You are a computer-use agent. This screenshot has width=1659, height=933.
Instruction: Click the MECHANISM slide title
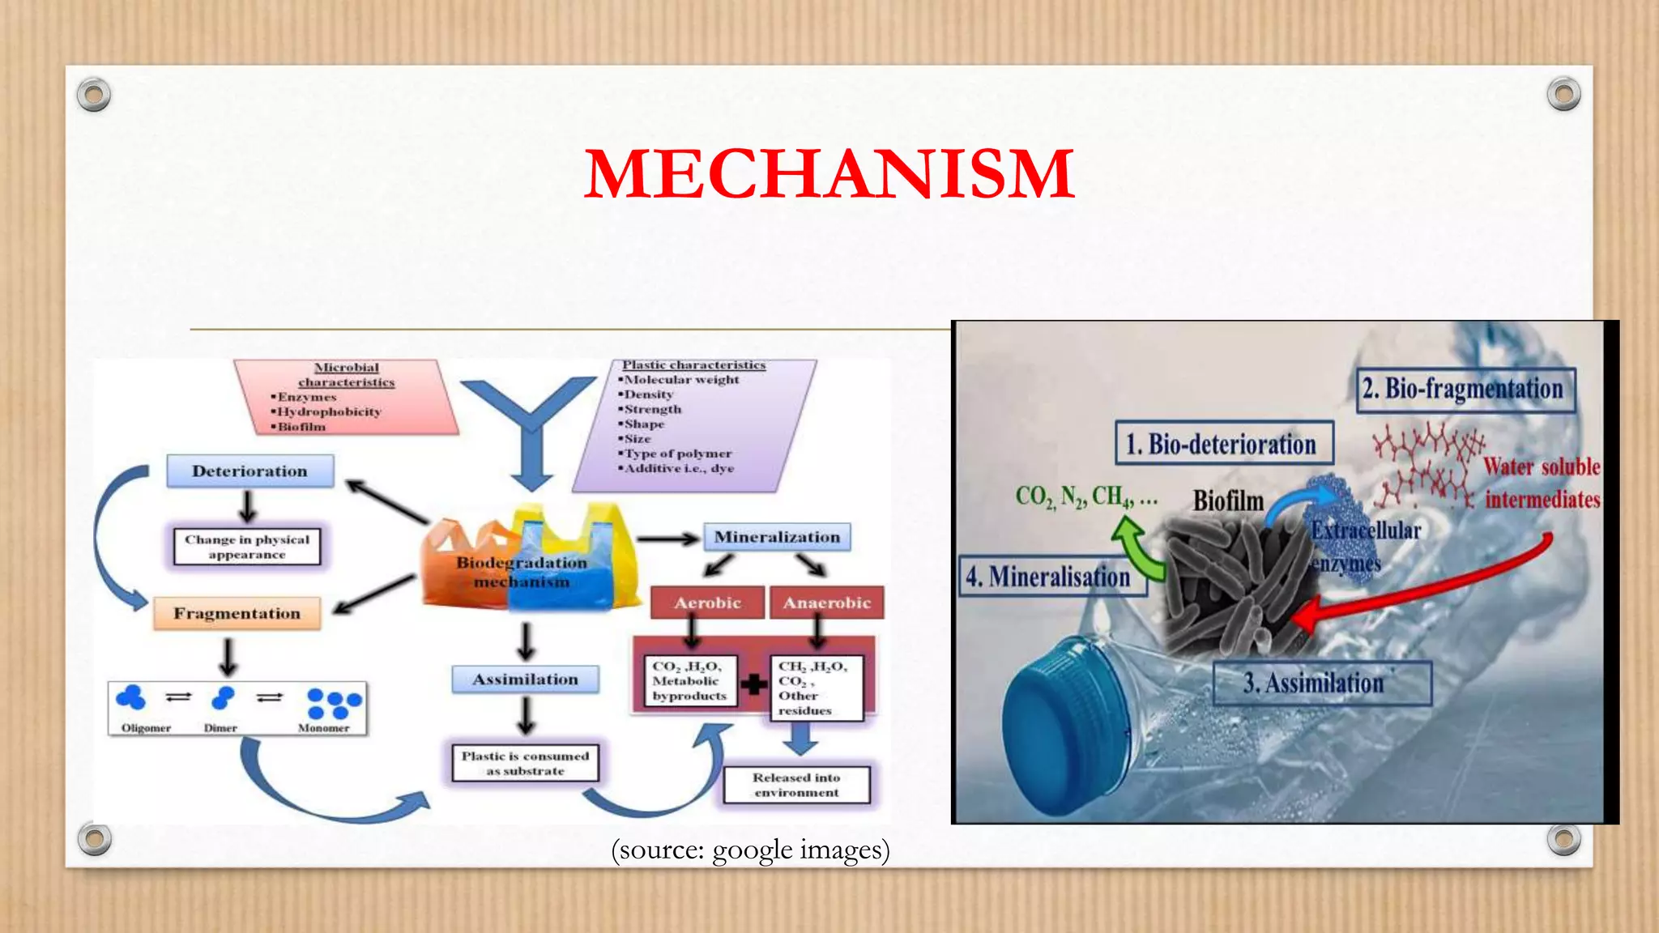tap(829, 173)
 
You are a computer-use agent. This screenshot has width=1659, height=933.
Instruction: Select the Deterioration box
tap(249, 471)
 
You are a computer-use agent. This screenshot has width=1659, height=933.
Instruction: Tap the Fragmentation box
tap(237, 614)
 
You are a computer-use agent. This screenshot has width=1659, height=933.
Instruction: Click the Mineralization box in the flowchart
tap(776, 537)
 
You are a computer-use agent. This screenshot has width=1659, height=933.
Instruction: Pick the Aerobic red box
tap(707, 603)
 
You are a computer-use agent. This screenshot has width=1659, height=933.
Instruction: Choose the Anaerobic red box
tap(826, 603)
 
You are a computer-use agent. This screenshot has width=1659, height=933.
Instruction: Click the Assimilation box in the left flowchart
tap(525, 680)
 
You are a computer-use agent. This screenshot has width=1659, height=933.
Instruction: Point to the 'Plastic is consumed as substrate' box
tap(525, 763)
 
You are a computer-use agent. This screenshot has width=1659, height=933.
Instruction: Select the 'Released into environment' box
tap(796, 785)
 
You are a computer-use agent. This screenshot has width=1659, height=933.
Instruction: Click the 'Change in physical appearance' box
tap(247, 547)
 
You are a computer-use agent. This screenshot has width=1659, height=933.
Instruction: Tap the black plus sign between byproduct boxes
tap(753, 684)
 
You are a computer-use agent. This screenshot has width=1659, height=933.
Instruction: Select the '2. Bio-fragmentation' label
tap(1465, 390)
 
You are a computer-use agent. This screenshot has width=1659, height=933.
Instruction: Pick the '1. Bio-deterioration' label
tap(1223, 443)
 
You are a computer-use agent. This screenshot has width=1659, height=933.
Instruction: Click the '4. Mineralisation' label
tap(1050, 577)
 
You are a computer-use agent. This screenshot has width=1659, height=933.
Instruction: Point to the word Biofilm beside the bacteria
tap(1227, 501)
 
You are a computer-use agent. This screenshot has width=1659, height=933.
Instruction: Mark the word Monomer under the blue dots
tap(323, 728)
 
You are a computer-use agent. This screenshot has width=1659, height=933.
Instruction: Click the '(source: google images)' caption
tap(750, 850)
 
